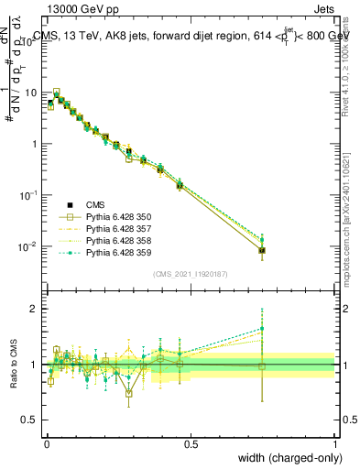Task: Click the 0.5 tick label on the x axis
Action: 191,443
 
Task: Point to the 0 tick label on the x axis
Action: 46,443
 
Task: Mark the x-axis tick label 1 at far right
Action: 334,443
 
